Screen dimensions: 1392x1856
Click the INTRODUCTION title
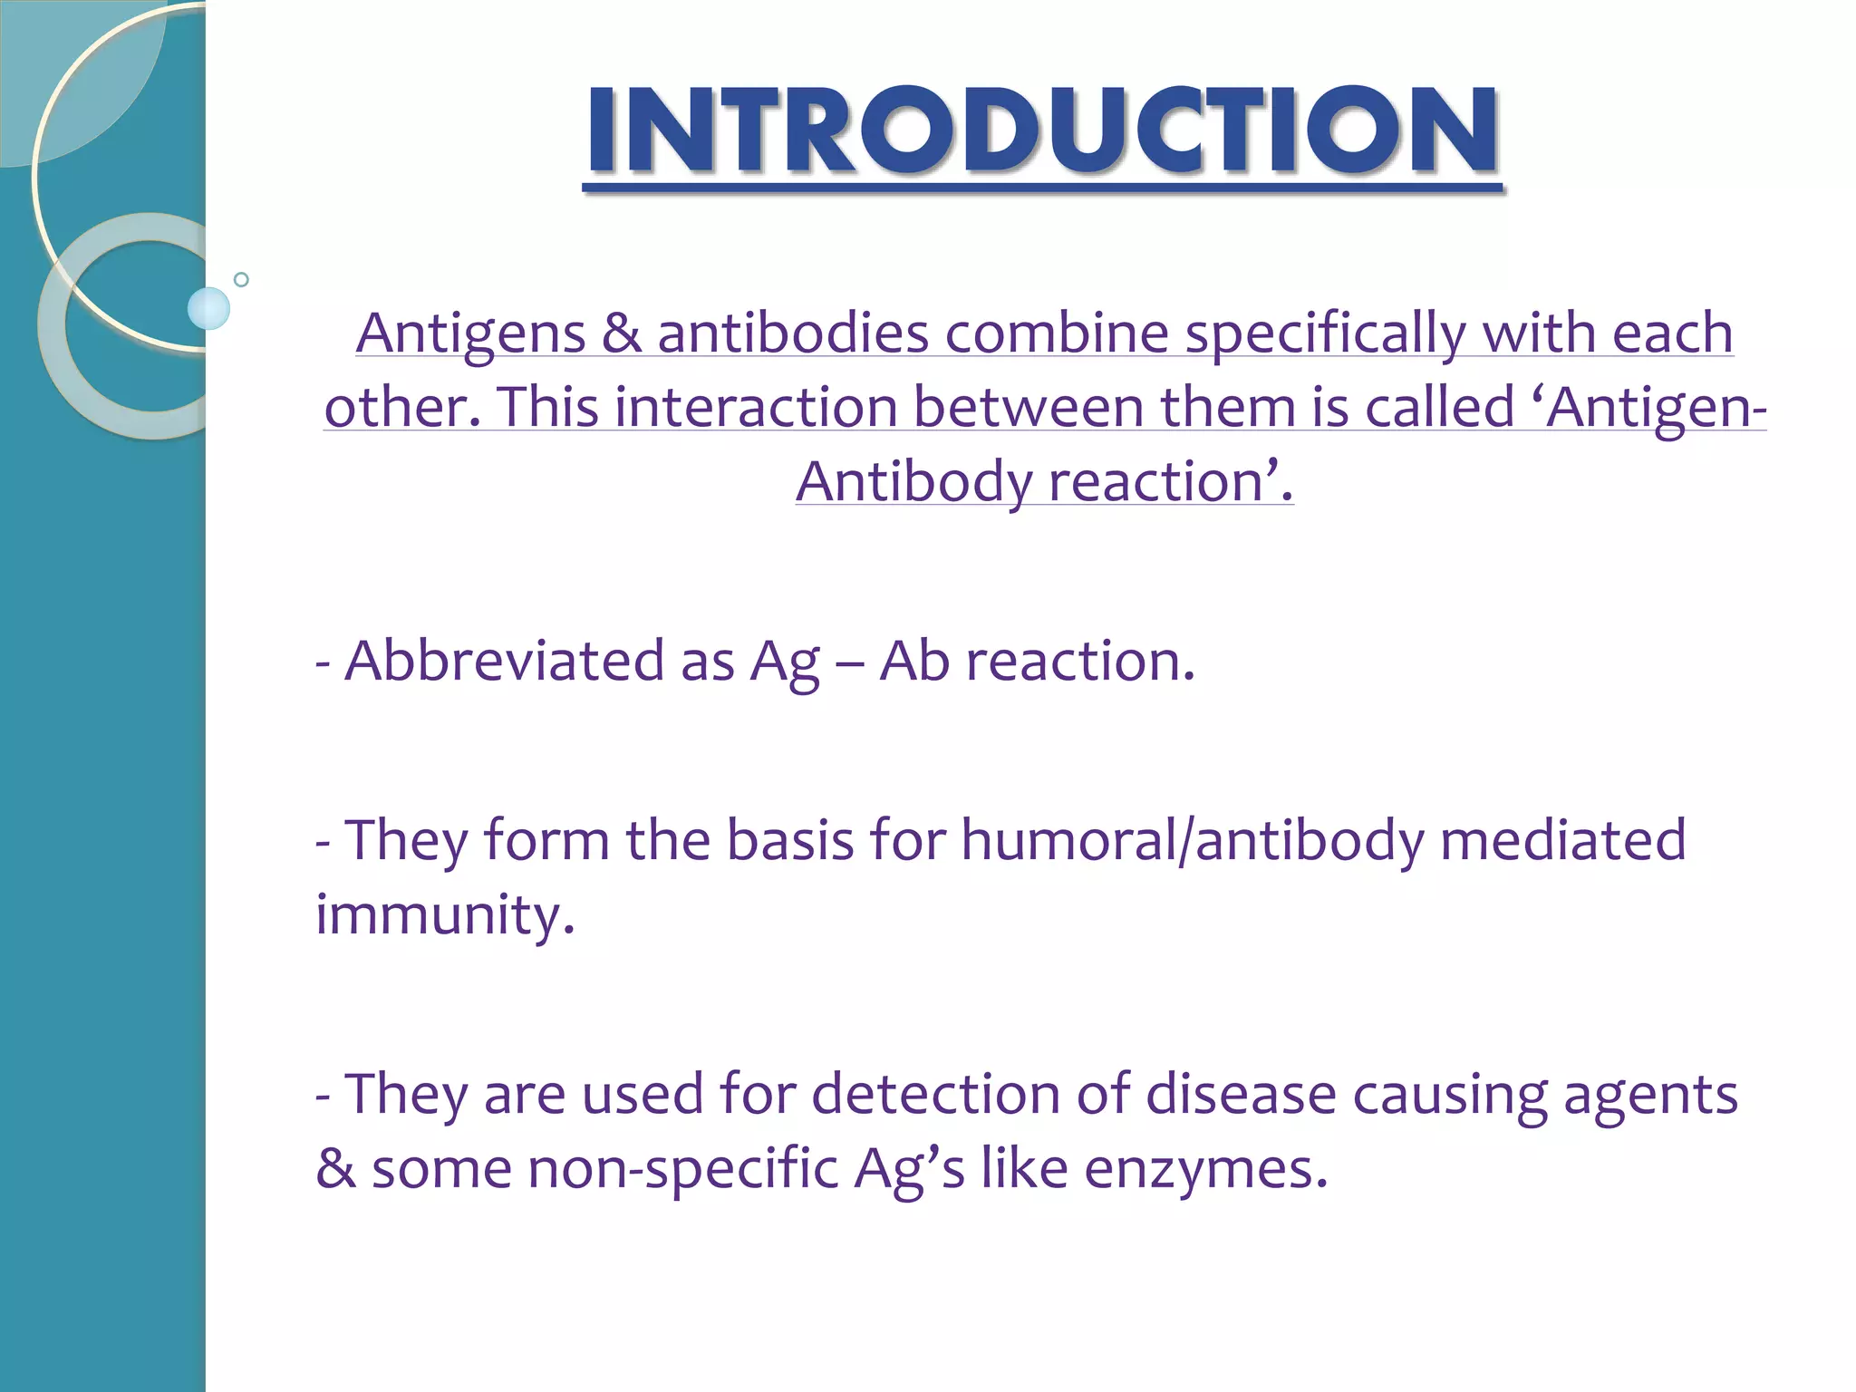point(1042,131)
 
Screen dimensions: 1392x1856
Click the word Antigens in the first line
point(470,333)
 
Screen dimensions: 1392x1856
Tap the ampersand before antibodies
point(622,333)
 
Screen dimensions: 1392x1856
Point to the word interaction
point(756,407)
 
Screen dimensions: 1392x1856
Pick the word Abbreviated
point(504,661)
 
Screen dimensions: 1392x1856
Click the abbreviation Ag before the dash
point(784,662)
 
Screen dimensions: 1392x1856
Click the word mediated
point(1562,840)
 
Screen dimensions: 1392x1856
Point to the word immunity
point(444,914)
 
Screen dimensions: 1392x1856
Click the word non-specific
point(682,1169)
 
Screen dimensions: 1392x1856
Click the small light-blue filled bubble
point(208,308)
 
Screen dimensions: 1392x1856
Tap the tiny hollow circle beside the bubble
point(241,279)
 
